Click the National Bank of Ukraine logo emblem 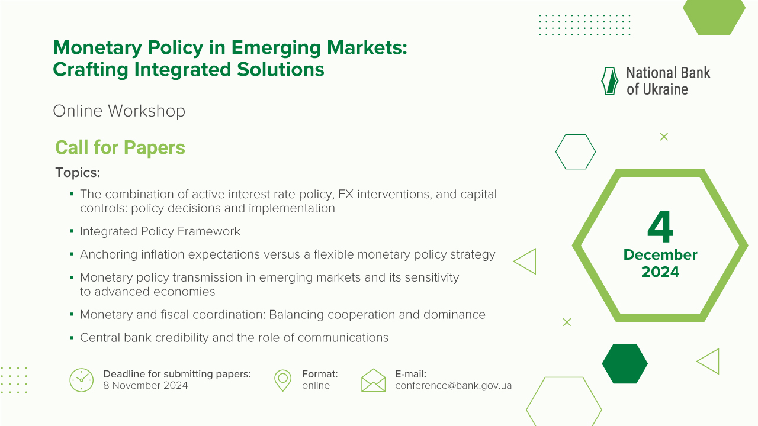click(x=610, y=81)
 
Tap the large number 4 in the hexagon click(x=660, y=228)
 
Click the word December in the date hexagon click(x=660, y=255)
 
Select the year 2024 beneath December click(x=660, y=272)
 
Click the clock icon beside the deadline click(x=81, y=380)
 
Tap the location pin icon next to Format click(x=283, y=380)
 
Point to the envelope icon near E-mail click(x=373, y=380)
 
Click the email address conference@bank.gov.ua click(x=453, y=386)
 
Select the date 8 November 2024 click(x=145, y=386)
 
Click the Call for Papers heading click(x=120, y=147)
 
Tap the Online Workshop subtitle click(x=119, y=111)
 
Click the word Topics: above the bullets click(x=78, y=173)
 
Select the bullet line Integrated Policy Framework click(x=160, y=231)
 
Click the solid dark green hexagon click(x=625, y=363)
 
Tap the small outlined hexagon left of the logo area click(x=575, y=151)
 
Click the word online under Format click(x=316, y=386)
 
